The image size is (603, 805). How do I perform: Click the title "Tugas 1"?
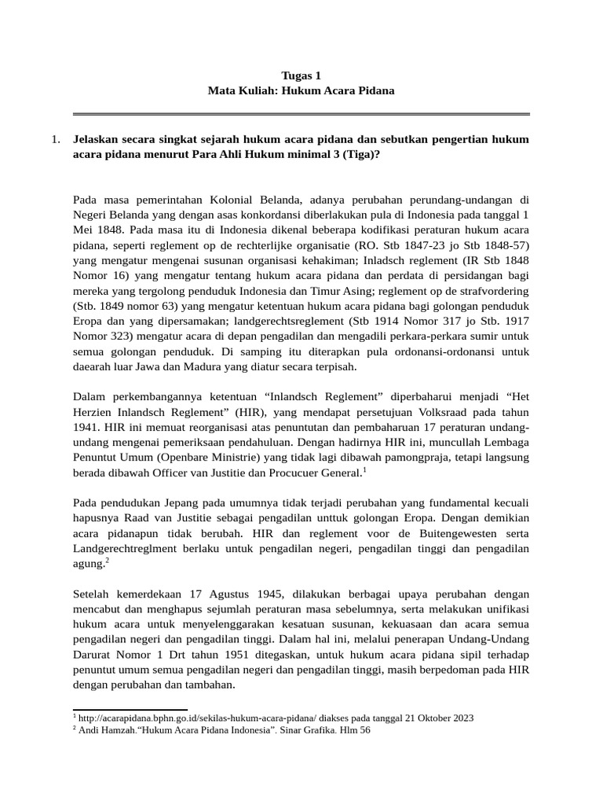pos(301,75)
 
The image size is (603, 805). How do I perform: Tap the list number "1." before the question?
pos(55,139)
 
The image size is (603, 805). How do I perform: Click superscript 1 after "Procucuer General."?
pos(365,469)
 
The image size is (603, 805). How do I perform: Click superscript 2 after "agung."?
pos(106,559)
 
